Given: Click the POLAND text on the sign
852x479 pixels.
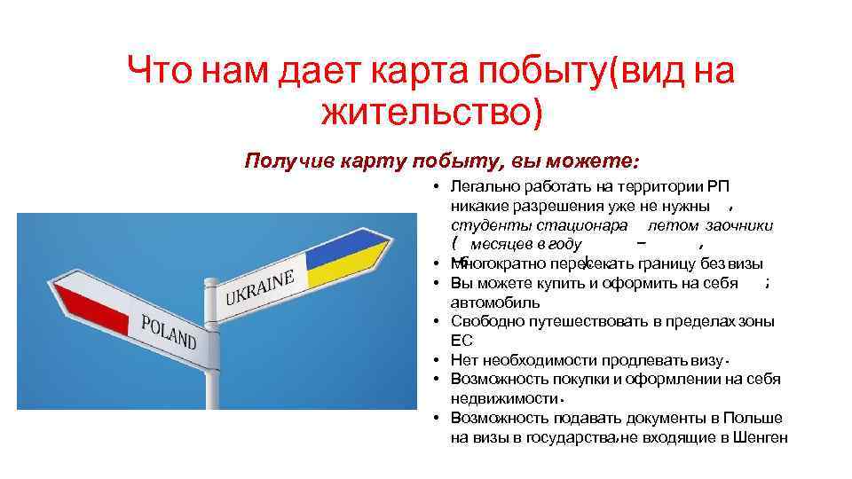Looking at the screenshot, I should pos(169,330).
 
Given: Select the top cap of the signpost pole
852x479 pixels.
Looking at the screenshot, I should pos(211,283).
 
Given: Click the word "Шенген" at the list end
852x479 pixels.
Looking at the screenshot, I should pos(761,436).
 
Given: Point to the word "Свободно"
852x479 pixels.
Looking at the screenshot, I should pos(485,322).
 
